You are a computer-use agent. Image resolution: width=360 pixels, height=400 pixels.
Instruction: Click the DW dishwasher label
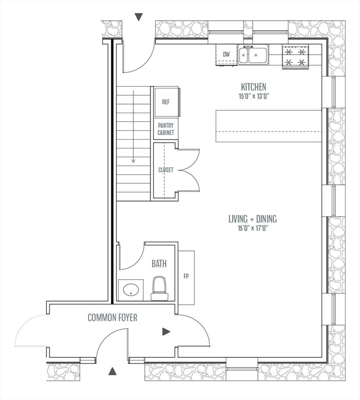point(226,54)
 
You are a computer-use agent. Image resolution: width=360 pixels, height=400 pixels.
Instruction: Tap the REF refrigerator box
point(166,102)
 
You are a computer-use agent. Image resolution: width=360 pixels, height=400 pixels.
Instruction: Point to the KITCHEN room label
point(253,87)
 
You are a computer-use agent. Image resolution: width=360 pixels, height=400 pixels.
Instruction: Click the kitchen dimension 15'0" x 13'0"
point(253,96)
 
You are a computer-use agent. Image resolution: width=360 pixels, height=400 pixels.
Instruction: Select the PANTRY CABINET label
point(166,129)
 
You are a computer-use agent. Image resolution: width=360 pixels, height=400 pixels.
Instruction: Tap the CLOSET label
point(166,170)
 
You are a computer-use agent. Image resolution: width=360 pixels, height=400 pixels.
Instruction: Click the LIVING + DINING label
point(252,219)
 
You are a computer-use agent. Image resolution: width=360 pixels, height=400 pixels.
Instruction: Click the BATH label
point(159,264)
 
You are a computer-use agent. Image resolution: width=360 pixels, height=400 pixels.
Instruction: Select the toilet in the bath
point(158,289)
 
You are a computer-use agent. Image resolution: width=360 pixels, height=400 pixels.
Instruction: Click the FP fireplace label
point(186,277)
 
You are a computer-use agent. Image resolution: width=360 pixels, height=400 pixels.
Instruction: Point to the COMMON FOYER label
point(113,317)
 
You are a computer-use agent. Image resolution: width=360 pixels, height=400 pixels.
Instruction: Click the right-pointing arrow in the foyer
point(166,331)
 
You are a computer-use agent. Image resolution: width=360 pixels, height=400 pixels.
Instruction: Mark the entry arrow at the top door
point(139,17)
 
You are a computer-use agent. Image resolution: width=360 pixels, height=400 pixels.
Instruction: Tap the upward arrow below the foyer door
point(112,371)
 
